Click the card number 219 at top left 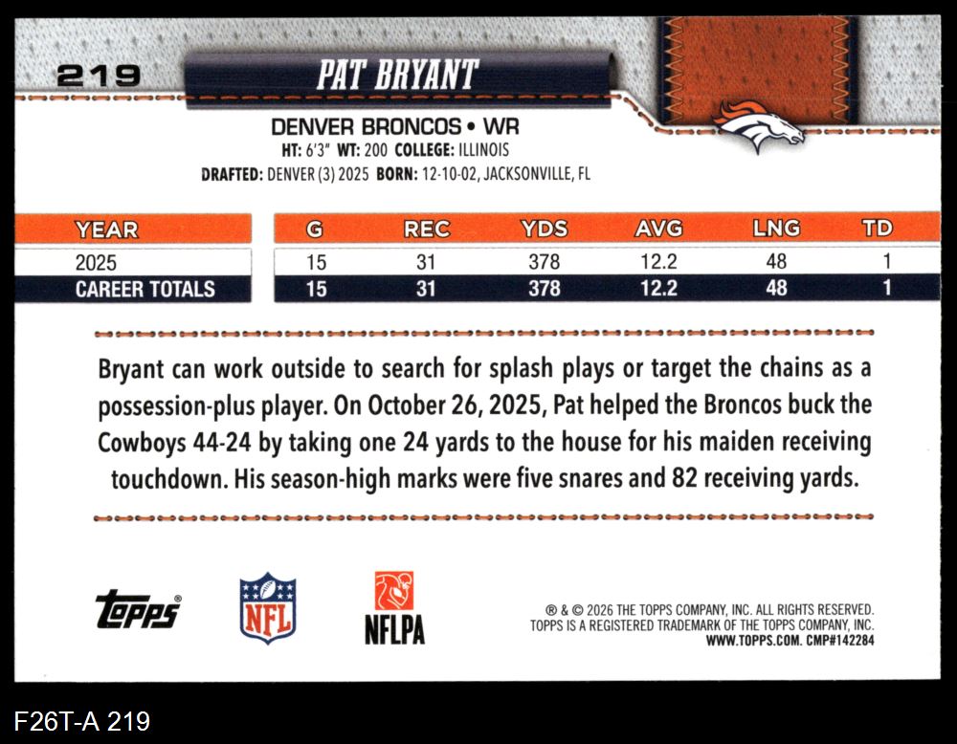pos(99,77)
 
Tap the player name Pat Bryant pos(397,75)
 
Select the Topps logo pos(139,608)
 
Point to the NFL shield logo pos(268,608)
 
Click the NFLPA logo pos(394,608)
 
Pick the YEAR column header pos(106,230)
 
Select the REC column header pos(427,230)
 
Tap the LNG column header pos(776,229)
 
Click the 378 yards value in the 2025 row pos(544,262)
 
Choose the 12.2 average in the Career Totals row pos(658,288)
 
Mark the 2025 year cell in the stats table pos(96,263)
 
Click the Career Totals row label pos(145,289)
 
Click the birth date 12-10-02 pos(449,174)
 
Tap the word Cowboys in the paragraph pos(142,443)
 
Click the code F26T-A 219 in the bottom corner pos(81,721)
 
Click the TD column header pos(877,229)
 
